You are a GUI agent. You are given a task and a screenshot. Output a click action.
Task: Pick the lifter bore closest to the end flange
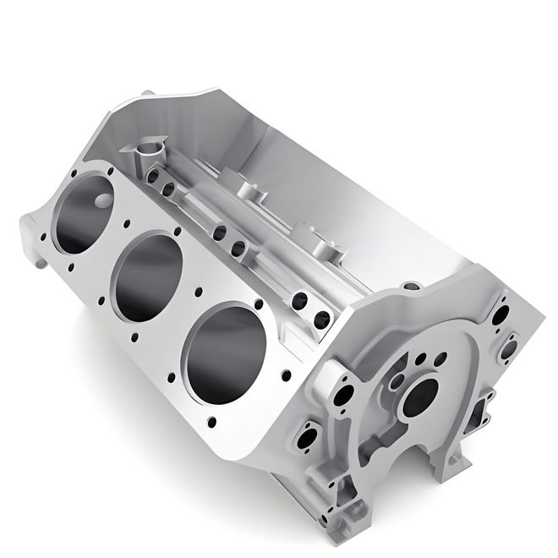322,320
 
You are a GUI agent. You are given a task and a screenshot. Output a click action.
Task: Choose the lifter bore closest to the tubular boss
157,178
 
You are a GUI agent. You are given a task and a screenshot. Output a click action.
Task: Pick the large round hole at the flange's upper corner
511,346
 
